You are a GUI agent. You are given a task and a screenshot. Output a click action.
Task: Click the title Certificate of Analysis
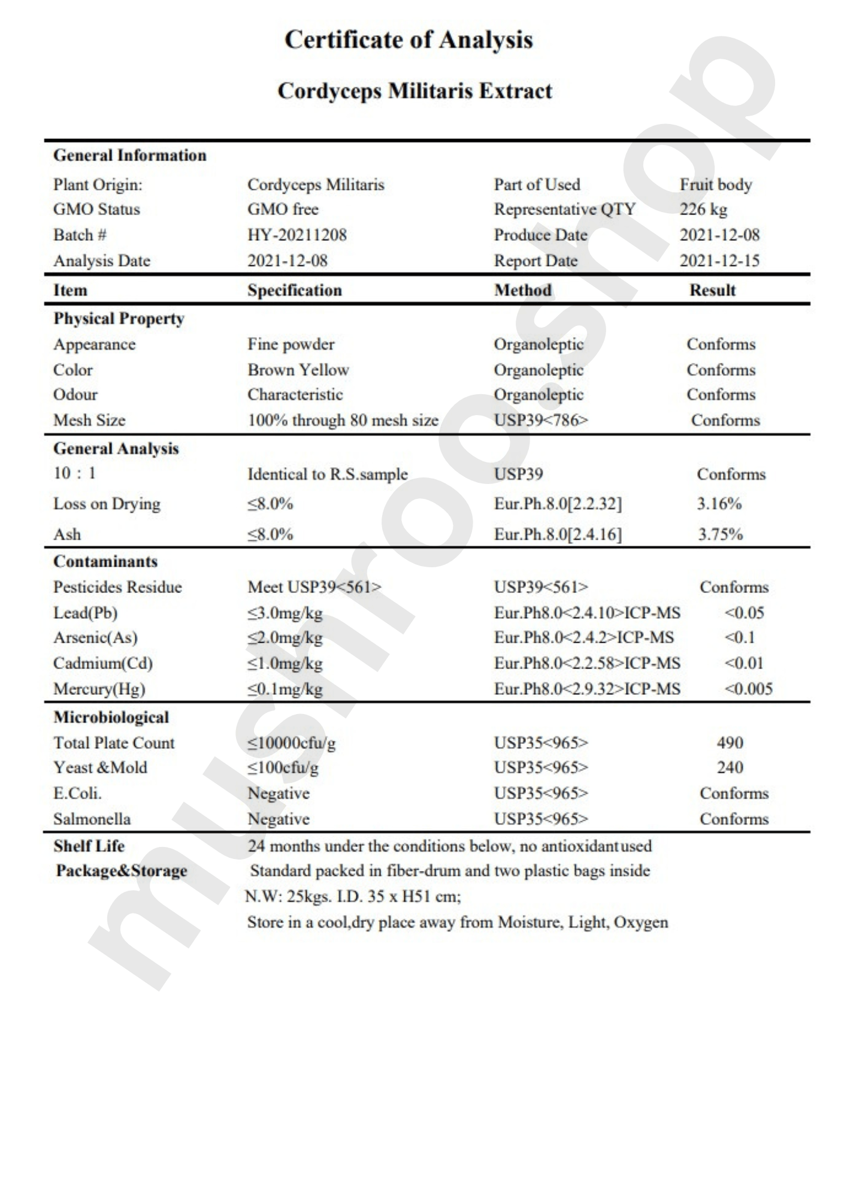coord(409,40)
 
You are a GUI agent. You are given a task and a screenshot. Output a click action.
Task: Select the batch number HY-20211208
coord(297,235)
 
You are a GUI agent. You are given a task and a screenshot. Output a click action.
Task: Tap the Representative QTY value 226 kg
coord(703,210)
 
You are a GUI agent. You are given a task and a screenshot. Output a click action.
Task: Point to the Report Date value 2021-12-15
coord(719,261)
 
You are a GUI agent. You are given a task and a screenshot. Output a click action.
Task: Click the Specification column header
coord(295,291)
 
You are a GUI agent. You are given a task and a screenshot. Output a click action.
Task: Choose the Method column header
coord(522,291)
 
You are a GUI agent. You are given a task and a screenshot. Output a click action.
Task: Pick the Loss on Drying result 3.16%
coord(719,504)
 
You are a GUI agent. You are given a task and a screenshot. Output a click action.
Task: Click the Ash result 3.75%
coord(720,534)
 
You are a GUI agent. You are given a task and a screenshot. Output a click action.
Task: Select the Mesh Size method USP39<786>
coord(541,420)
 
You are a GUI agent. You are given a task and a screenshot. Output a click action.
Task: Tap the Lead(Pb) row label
coord(85,613)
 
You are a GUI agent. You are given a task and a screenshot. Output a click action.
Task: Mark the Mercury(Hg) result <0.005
coord(748,689)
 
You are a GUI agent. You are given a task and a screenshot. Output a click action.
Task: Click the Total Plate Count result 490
coord(730,743)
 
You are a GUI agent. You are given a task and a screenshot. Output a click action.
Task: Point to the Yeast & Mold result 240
coord(730,767)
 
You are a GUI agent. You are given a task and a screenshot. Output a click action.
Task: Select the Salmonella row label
coord(92,819)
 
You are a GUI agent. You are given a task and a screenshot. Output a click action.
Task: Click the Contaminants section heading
coord(105,562)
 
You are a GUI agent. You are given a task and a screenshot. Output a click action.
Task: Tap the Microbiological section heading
coord(111,718)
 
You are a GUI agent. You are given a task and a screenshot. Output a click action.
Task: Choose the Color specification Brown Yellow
coord(298,370)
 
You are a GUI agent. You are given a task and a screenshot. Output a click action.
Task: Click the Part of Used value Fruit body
coord(715,184)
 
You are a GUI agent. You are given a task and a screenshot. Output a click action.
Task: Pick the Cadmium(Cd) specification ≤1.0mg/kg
coord(285,664)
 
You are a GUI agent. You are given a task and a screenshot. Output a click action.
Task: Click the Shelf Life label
coord(89,846)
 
